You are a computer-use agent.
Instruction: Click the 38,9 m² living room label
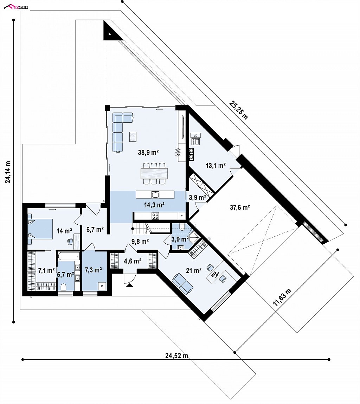pyautogui.click(x=148, y=152)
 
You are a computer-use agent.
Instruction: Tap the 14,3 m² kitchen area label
pyautogui.click(x=154, y=205)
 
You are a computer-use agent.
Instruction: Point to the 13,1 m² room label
pyautogui.click(x=216, y=165)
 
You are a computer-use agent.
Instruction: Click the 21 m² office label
pyautogui.click(x=193, y=270)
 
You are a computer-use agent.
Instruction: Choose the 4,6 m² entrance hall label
pyautogui.click(x=133, y=261)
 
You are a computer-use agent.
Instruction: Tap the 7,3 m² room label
pyautogui.click(x=93, y=270)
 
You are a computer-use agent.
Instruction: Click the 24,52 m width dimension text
pyautogui.click(x=176, y=356)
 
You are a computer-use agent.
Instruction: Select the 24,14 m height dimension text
pyautogui.click(x=8, y=172)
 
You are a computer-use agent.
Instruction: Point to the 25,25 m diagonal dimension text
pyautogui.click(x=239, y=110)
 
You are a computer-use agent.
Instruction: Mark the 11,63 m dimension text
pyautogui.click(x=282, y=297)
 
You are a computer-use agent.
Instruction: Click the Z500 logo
pyautogui.click(x=16, y=7)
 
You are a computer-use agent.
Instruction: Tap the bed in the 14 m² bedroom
pyautogui.click(x=40, y=231)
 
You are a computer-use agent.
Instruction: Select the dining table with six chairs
pyautogui.click(x=154, y=173)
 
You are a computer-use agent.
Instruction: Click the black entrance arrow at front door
pyautogui.click(x=129, y=285)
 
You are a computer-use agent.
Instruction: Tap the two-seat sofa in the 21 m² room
pyautogui.click(x=183, y=283)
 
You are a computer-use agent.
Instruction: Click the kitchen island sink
pyautogui.click(x=155, y=194)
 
